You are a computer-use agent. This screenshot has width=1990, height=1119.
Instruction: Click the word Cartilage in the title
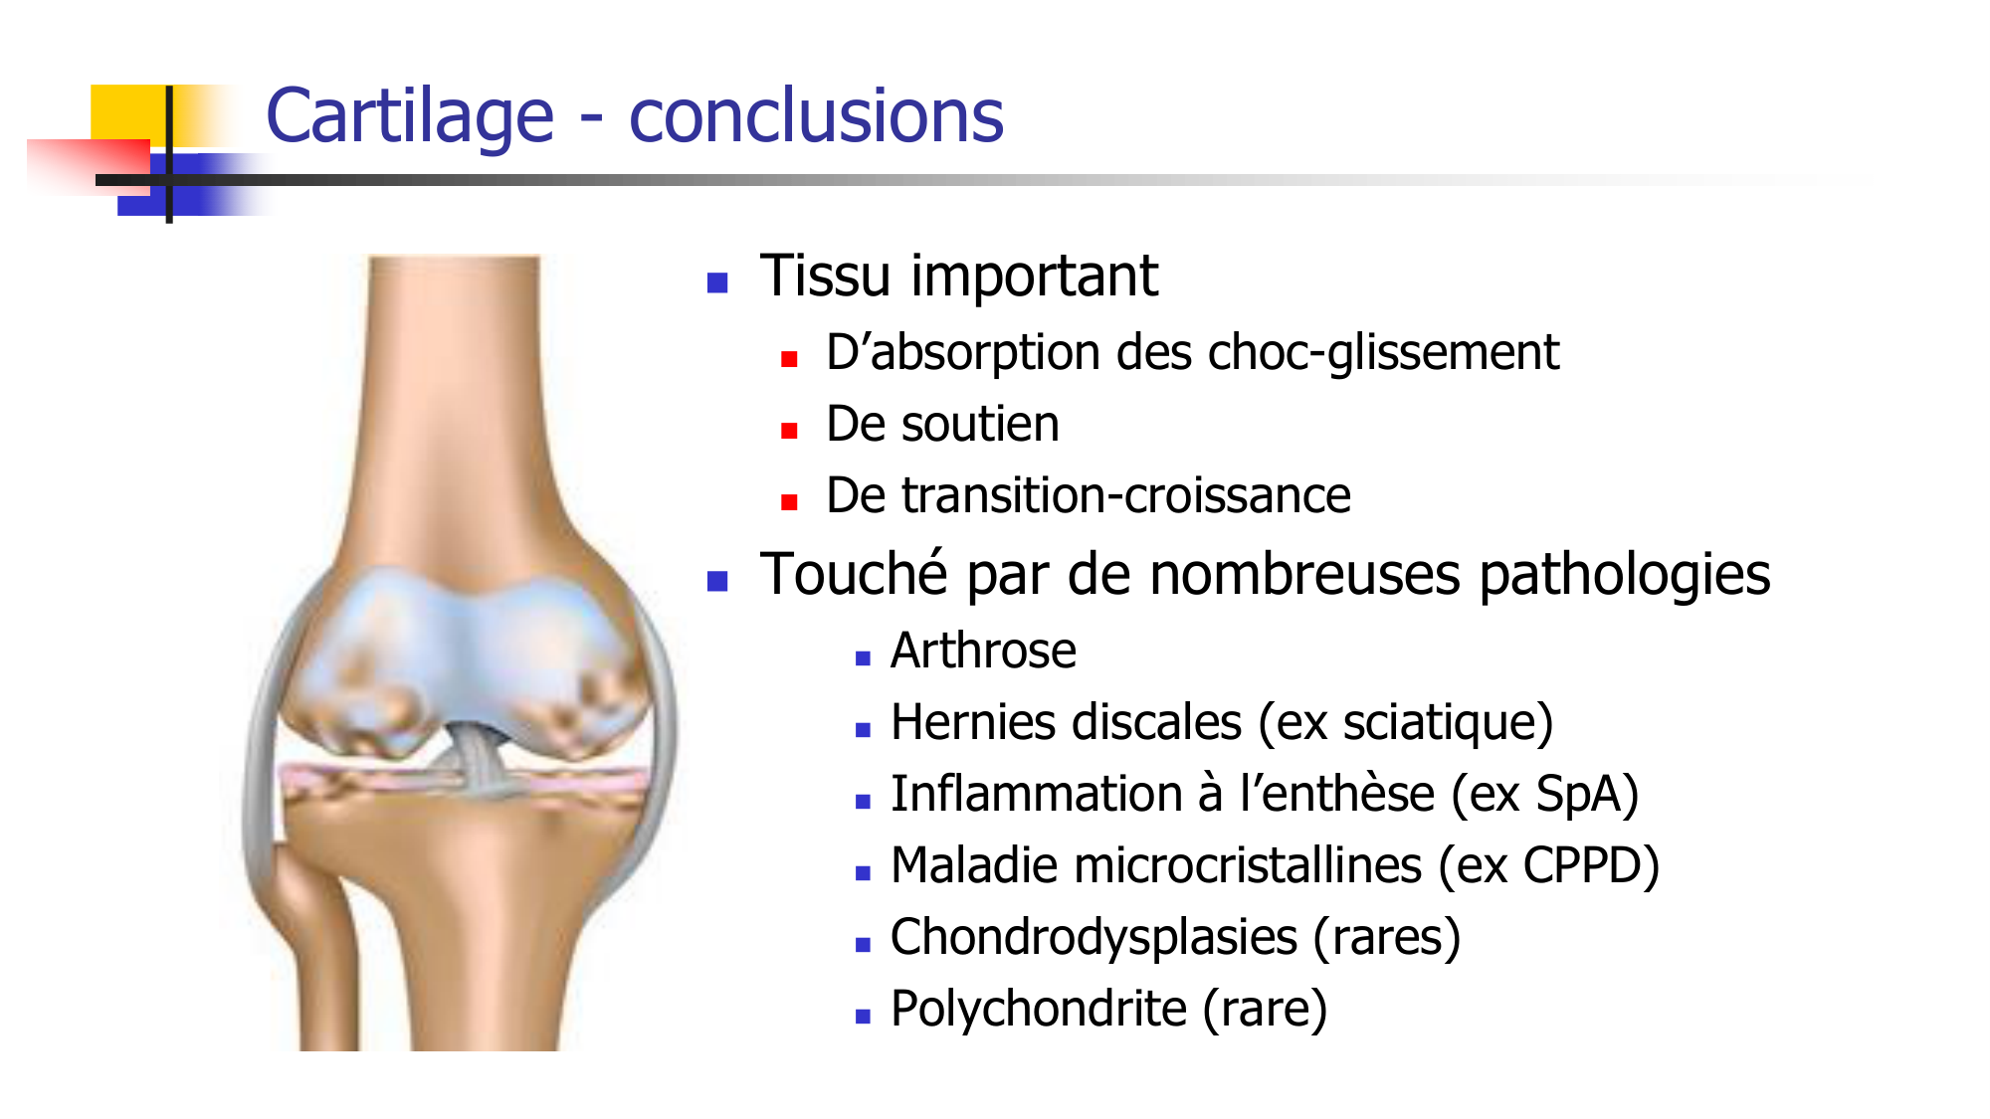click(410, 117)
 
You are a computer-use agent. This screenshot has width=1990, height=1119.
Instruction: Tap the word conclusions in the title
click(817, 116)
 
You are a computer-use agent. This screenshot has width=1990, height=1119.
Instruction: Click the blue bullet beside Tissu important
click(717, 282)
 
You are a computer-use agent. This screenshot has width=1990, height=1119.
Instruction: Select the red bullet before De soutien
click(790, 431)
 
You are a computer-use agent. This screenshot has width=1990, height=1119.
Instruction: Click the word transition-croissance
click(1126, 495)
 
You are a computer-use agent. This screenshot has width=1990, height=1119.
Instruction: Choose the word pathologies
click(1625, 576)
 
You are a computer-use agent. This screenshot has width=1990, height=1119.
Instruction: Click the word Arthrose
click(983, 651)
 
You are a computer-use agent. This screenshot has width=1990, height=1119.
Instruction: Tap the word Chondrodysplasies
click(1094, 938)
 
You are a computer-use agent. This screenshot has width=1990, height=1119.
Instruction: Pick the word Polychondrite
click(1039, 1009)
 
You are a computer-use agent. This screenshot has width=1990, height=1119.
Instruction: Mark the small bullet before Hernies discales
click(863, 730)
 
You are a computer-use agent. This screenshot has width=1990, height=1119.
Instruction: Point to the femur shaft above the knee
click(453, 378)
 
